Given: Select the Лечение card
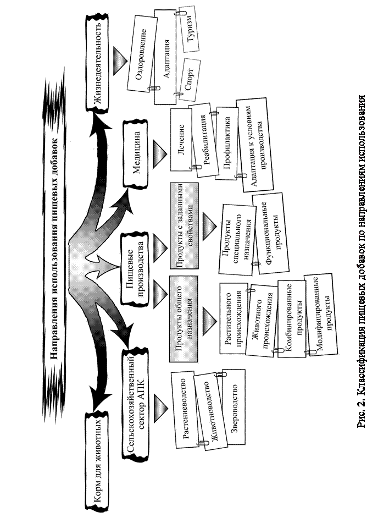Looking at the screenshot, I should [x=181, y=140].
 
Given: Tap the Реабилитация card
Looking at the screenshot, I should [x=203, y=141].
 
